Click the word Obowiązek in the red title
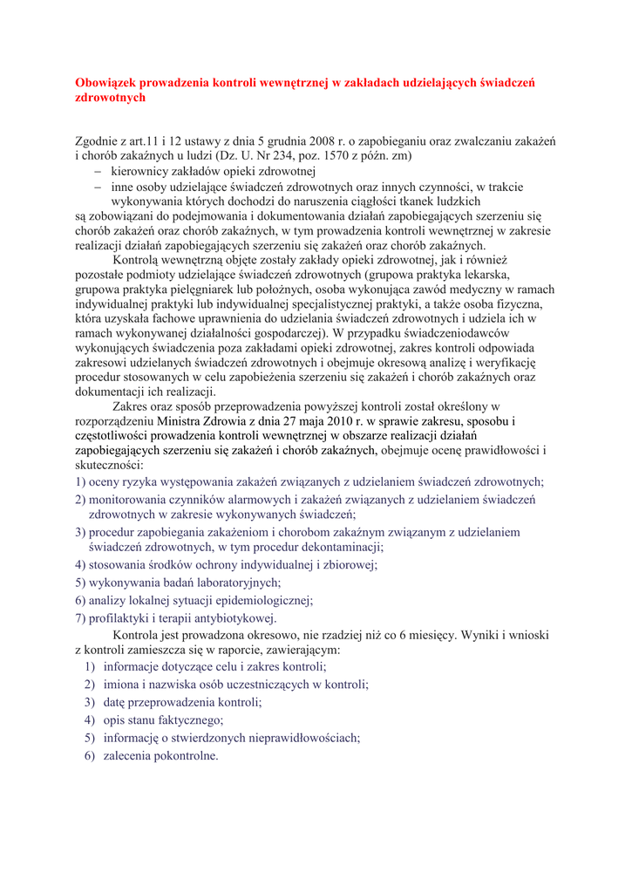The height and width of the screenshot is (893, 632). (107, 83)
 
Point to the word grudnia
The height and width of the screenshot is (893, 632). (280, 140)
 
